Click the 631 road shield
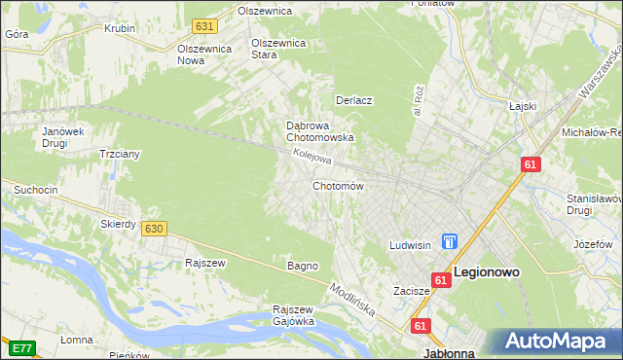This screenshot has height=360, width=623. point(203,25)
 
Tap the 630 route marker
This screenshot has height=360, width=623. point(153,228)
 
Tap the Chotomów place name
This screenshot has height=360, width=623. point(338,186)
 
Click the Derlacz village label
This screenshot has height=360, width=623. point(354,100)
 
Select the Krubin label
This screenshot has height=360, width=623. point(120,28)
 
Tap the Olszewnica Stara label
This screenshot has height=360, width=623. point(279,49)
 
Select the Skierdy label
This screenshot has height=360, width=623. point(118,224)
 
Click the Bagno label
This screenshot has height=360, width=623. point(302,266)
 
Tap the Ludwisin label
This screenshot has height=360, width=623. point(410,245)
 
